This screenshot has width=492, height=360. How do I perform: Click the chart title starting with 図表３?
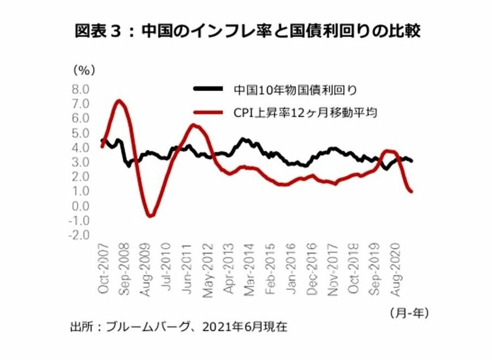[248, 31]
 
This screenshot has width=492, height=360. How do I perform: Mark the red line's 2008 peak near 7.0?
[119, 101]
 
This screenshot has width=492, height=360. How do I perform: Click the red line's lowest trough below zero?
[150, 216]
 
